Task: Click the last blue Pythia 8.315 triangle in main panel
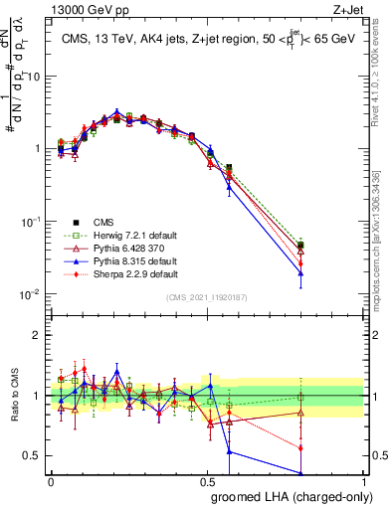pyautogui.click(x=300, y=273)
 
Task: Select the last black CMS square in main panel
pyautogui.click(x=300, y=245)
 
